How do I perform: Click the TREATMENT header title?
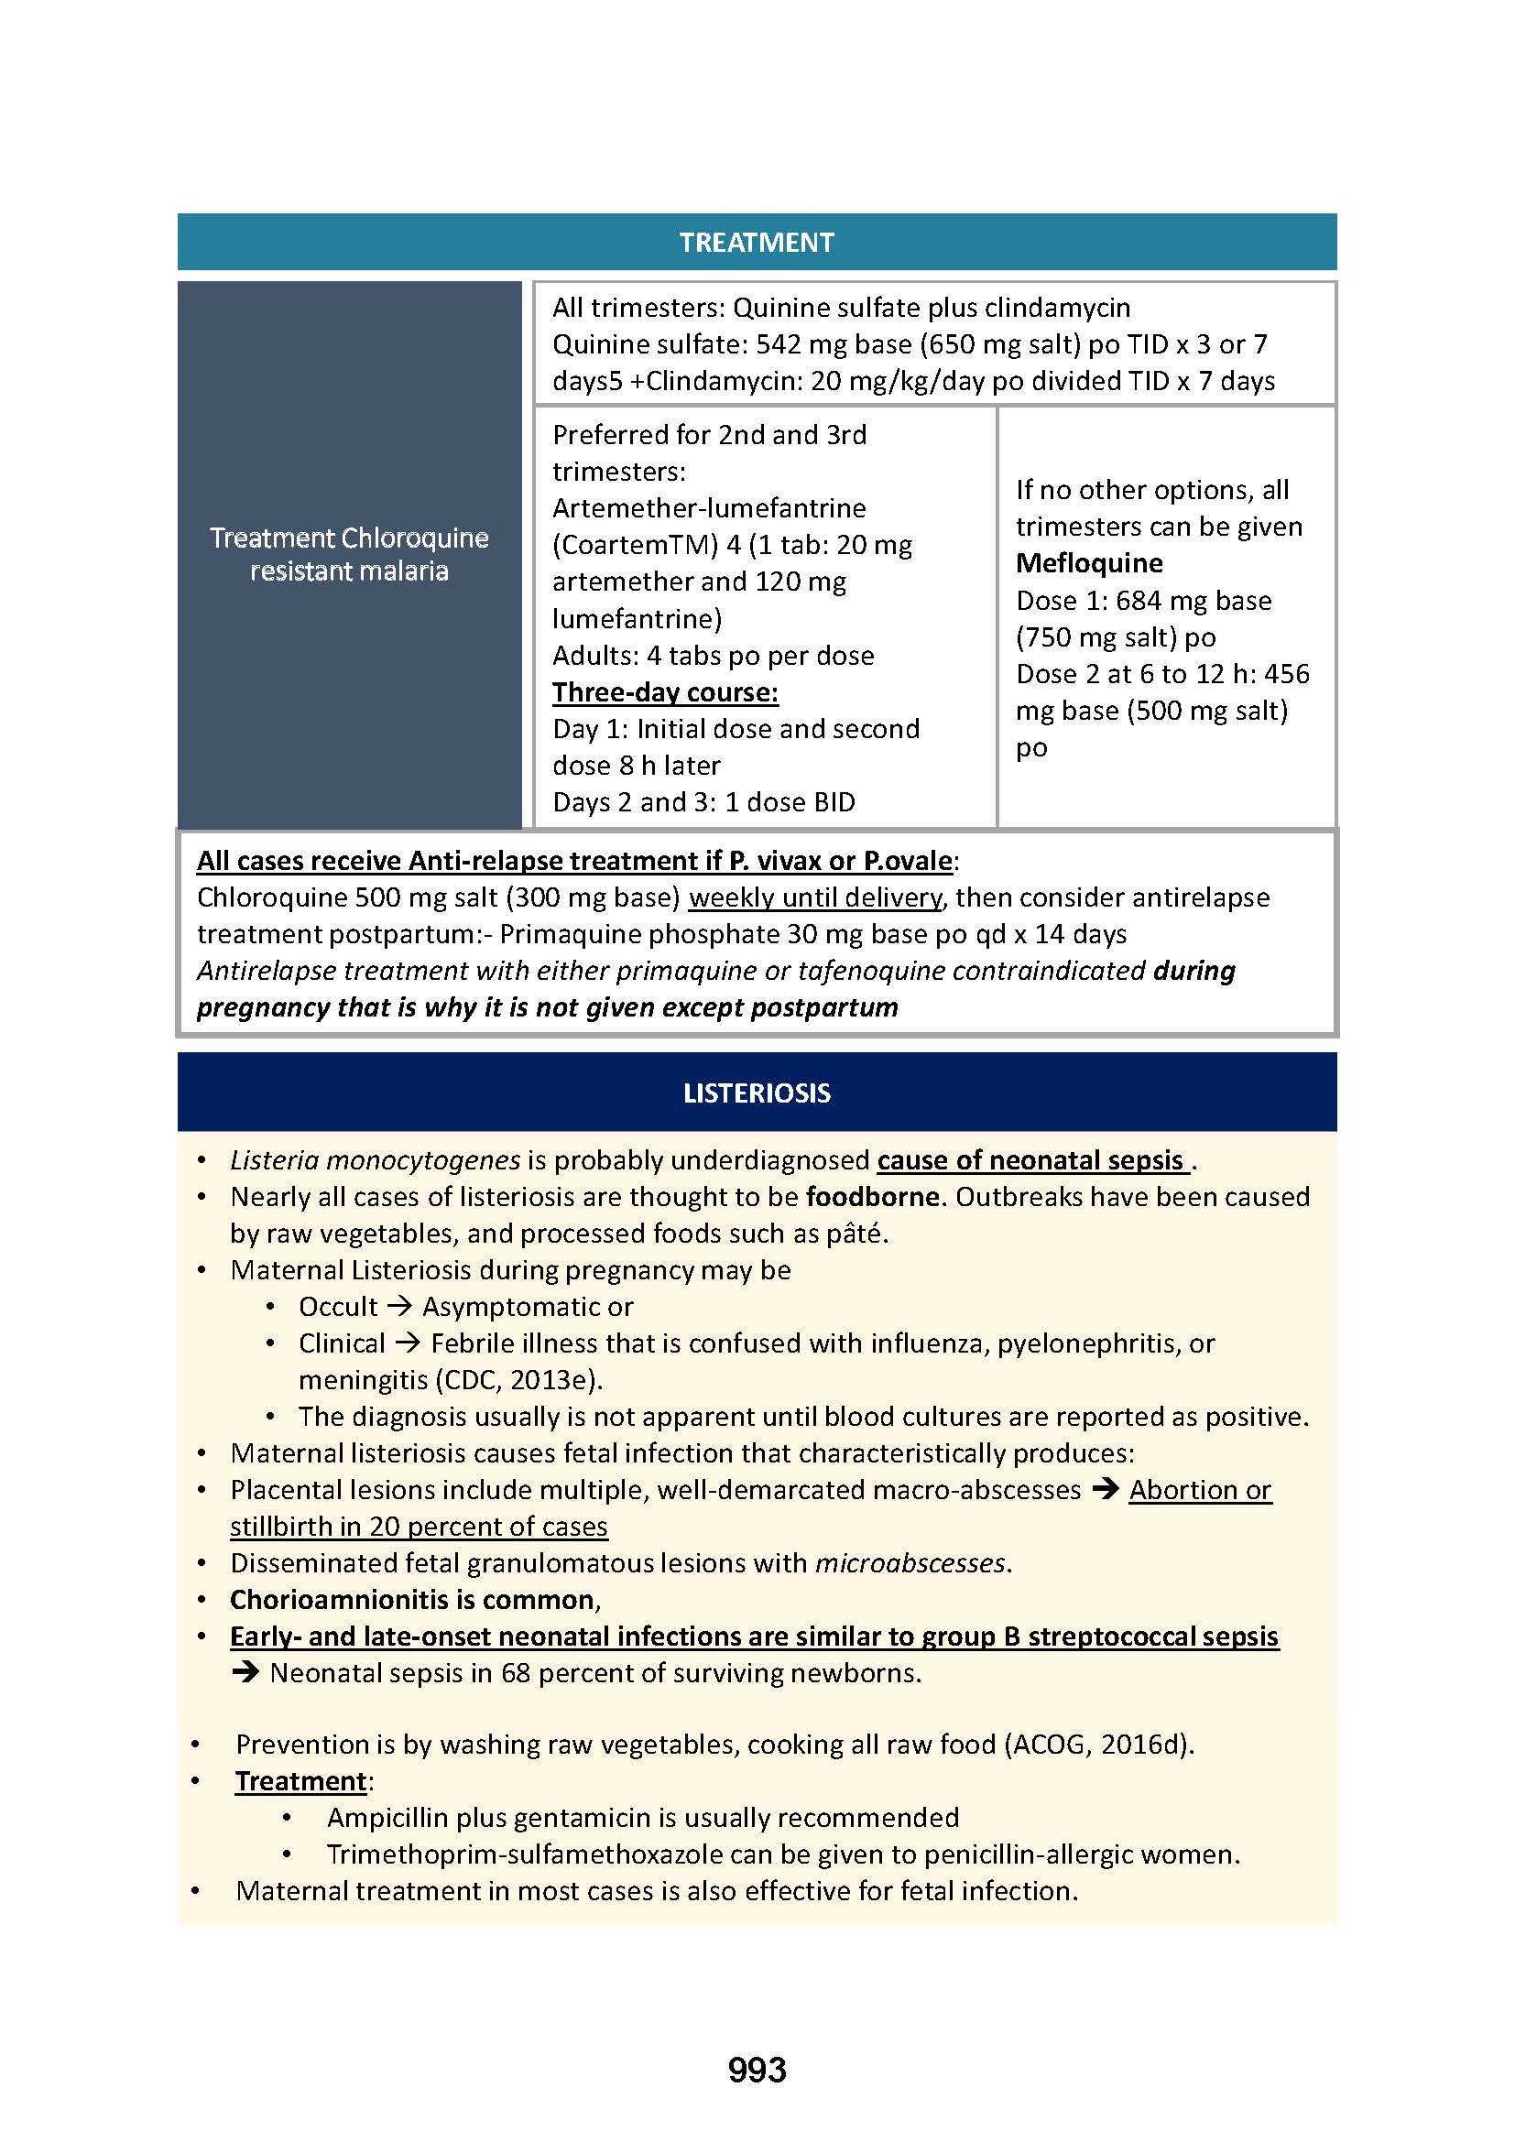click(x=756, y=243)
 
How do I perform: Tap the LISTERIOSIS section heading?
click(x=756, y=1093)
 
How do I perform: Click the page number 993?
click(x=757, y=2070)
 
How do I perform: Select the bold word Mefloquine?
click(x=1089, y=563)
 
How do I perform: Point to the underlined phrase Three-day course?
click(x=665, y=692)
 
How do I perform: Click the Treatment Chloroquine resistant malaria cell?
click(x=349, y=554)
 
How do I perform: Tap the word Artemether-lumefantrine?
click(x=709, y=508)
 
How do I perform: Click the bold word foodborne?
click(x=872, y=1197)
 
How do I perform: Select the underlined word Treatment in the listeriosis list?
click(x=300, y=1781)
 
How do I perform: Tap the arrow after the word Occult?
click(x=399, y=1307)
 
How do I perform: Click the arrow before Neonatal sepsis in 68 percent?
click(x=245, y=1674)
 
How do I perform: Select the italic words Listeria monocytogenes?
click(x=375, y=1160)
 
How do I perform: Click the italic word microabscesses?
click(x=910, y=1563)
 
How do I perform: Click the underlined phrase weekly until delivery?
click(x=814, y=897)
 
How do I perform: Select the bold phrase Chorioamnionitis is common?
click(x=411, y=1600)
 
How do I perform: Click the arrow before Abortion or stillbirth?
click(x=1106, y=1490)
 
